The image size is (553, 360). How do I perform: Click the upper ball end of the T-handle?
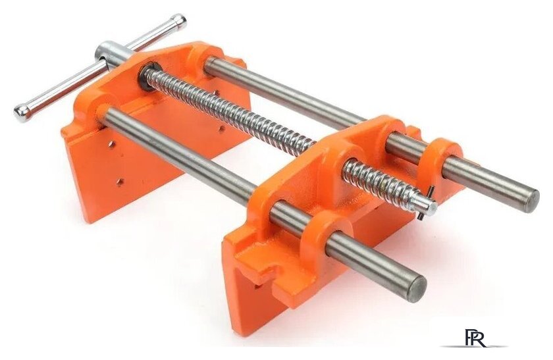(178, 22)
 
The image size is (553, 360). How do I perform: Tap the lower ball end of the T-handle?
(22, 113)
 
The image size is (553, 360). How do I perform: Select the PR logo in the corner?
(475, 338)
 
